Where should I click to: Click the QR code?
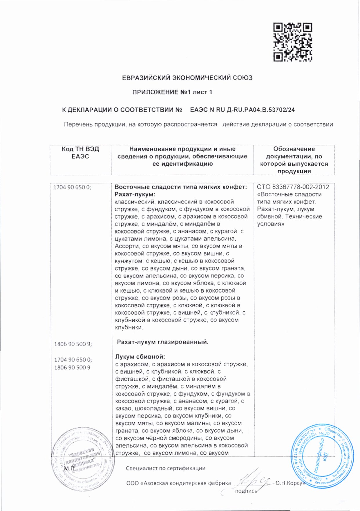(293, 42)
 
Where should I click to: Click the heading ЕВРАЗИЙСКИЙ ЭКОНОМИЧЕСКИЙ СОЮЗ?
(187, 78)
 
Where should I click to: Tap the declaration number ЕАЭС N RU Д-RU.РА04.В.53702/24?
(242, 110)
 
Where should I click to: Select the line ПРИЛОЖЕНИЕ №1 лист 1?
(172, 92)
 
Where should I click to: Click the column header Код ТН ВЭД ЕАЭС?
(80, 153)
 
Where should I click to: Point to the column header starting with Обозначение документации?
(294, 160)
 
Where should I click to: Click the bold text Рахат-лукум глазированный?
(162, 342)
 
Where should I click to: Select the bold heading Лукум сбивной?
(140, 357)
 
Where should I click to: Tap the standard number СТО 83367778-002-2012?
(293, 187)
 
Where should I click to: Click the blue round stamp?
(322, 457)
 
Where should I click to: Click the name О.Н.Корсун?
(290, 483)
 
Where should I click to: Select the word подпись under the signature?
(246, 491)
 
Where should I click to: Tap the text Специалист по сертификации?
(166, 468)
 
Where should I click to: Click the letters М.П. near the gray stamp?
(69, 468)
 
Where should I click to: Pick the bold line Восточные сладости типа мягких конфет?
(181, 187)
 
